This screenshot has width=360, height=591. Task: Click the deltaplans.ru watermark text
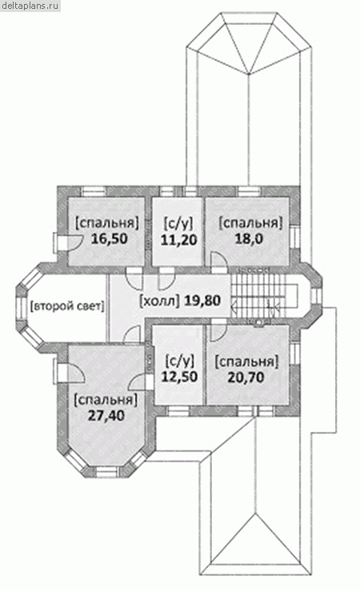30,6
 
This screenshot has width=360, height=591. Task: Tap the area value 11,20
179,240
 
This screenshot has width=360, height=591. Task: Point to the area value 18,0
249,238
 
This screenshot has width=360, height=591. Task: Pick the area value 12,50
179,376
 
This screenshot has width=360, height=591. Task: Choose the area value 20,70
246,377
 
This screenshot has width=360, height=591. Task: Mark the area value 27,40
106,415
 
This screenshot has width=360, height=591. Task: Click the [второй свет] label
66,306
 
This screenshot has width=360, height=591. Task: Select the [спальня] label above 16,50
107,223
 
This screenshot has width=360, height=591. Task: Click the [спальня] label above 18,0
250,222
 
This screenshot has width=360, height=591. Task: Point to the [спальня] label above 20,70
246,361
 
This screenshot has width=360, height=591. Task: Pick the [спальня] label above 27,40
106,400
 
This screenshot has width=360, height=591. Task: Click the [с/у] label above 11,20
179,223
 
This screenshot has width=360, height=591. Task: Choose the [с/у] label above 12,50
180,361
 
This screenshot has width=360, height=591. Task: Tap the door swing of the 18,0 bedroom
218,260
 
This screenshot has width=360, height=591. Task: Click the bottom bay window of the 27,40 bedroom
106,471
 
